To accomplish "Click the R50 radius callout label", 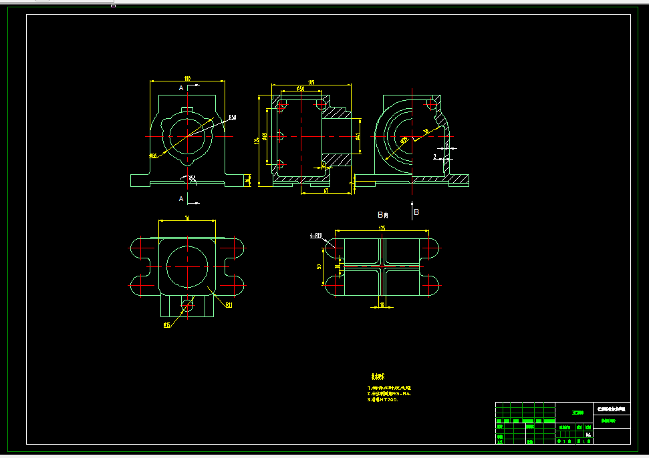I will (232, 118).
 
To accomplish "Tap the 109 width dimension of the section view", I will (311, 83).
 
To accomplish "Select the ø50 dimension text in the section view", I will (300, 88).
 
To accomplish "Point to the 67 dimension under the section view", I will (326, 191).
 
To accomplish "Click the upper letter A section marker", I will (180, 87).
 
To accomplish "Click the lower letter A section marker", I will (180, 199).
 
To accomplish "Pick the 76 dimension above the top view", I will (187, 218).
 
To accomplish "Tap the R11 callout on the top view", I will (228, 305).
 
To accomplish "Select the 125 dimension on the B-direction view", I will (382, 228).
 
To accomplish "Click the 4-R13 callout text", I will (316, 236).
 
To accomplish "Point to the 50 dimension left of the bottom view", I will (319, 266).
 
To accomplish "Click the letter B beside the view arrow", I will (416, 212).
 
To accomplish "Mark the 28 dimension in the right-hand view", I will (426, 132).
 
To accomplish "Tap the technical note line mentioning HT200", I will (383, 399).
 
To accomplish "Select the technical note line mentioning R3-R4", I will (389, 393).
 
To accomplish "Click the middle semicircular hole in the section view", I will (281, 136).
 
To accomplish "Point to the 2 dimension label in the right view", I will (434, 157).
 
